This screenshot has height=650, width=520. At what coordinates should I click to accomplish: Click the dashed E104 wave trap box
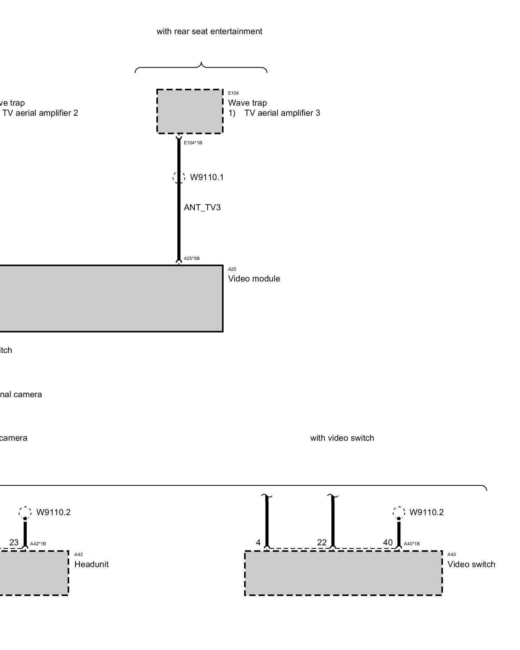(190, 111)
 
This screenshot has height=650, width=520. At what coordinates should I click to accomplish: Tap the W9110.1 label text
(207, 177)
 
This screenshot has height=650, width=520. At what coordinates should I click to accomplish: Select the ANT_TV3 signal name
(202, 208)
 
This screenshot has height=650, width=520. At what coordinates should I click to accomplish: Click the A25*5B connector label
(192, 259)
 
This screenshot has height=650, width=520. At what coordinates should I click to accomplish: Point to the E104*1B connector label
(193, 143)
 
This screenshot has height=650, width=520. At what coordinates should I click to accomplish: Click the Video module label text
(254, 279)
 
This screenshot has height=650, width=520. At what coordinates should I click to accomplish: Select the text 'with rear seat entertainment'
(209, 32)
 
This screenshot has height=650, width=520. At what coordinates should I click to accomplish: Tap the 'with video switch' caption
(342, 438)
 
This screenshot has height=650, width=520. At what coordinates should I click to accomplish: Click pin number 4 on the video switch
(258, 542)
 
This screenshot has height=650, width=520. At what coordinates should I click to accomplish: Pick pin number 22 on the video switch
(322, 542)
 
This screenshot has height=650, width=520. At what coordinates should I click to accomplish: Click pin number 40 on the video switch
(388, 542)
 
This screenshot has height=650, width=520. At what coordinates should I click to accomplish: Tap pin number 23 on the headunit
(14, 542)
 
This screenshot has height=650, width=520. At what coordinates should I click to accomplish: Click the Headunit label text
(91, 565)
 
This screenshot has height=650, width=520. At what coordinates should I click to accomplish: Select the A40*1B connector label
(411, 544)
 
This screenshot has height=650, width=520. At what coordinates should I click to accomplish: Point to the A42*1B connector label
(38, 544)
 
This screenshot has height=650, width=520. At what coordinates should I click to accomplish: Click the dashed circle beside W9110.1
(179, 177)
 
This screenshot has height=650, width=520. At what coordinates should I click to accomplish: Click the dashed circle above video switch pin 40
(399, 513)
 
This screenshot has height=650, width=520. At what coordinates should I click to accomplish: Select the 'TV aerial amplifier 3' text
(282, 113)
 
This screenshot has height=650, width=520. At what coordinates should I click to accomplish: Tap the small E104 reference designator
(233, 93)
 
